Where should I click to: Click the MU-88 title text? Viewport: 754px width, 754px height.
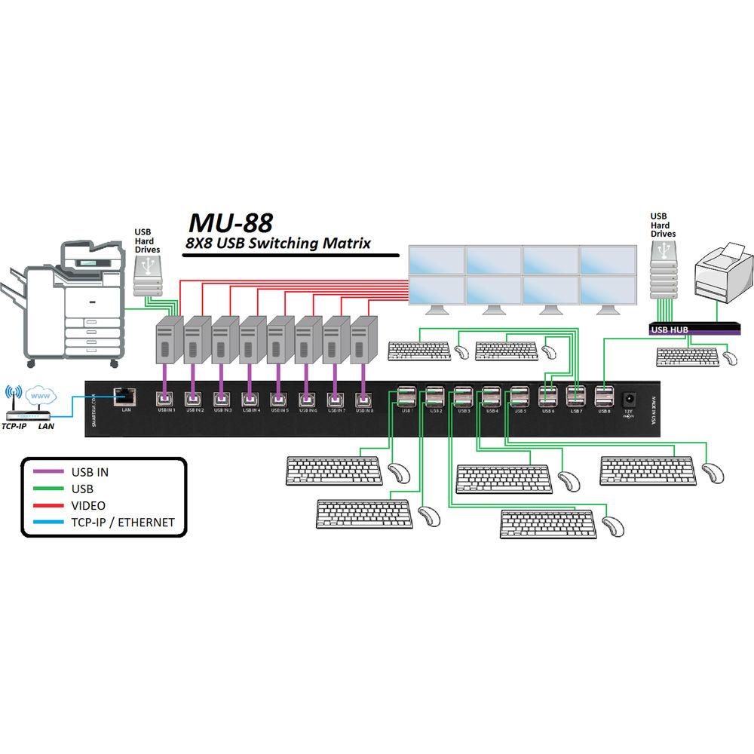tap(230, 222)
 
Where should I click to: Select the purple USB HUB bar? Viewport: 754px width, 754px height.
tap(693, 329)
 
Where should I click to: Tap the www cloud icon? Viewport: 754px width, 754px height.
tap(39, 394)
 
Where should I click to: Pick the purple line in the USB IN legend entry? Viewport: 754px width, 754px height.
tap(50, 473)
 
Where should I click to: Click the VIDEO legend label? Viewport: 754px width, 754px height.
tap(88, 505)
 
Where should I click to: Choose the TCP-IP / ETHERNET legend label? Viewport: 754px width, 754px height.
tap(123, 522)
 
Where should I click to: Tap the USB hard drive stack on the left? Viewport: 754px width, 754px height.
tap(148, 275)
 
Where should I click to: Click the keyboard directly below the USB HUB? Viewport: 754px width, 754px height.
tap(686, 355)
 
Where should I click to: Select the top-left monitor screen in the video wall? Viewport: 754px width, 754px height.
tap(437, 260)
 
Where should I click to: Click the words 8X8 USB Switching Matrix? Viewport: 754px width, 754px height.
tap(279, 243)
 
